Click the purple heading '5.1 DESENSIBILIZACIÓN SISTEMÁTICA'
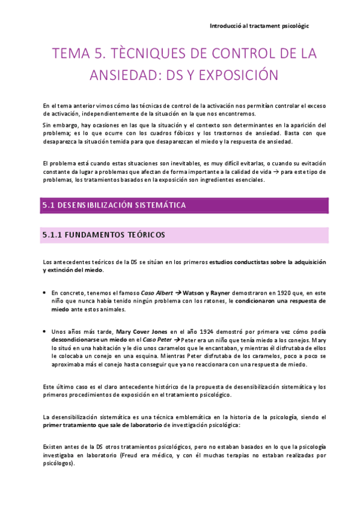(x=114, y=206)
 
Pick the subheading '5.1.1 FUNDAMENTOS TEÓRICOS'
(x=103, y=234)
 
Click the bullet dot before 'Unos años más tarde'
(x=46, y=331)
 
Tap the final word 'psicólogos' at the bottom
(x=57, y=464)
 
